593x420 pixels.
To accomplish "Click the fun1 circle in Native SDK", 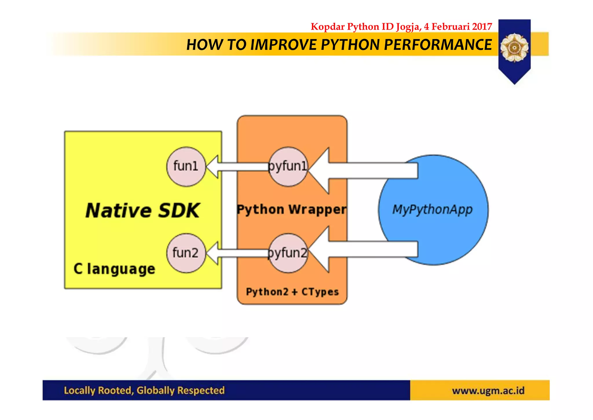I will [x=186, y=166].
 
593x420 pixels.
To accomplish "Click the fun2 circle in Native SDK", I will [x=186, y=253].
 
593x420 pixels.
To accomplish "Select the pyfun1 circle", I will [x=288, y=166].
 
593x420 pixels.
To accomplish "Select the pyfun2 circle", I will [x=288, y=253].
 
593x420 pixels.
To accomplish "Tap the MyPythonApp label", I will [x=432, y=209].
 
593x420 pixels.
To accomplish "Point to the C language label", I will [x=114, y=269].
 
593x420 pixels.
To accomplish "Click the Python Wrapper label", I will [x=291, y=209].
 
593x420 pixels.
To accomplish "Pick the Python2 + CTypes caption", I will [x=292, y=292].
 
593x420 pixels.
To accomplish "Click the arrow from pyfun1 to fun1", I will [x=237, y=166].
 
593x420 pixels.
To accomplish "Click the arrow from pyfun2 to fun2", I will [x=237, y=253].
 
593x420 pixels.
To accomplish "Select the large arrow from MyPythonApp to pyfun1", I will [x=362, y=171].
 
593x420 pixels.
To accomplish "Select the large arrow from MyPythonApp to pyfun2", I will [x=362, y=249].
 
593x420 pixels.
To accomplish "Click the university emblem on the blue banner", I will [x=514, y=48].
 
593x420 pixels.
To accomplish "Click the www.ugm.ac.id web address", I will [x=488, y=390].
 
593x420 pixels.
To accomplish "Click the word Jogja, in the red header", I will [x=409, y=27].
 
